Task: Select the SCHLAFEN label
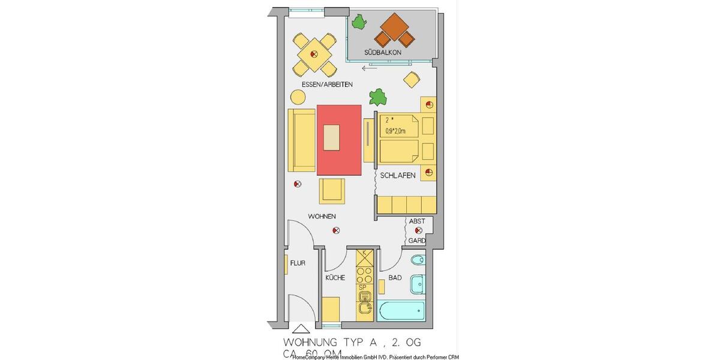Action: (x=398, y=175)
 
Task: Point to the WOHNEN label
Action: (x=322, y=216)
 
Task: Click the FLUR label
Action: (x=298, y=263)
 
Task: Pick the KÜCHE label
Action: (x=335, y=278)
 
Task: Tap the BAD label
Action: (x=395, y=278)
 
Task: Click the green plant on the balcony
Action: (x=359, y=23)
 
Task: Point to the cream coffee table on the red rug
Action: (x=331, y=137)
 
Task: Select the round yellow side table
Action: (x=298, y=97)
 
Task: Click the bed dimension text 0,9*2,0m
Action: (x=395, y=131)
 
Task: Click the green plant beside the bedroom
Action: (x=378, y=96)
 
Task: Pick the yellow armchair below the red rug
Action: (x=332, y=191)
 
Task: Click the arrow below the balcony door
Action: (x=370, y=68)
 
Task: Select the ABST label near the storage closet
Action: (x=417, y=221)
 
